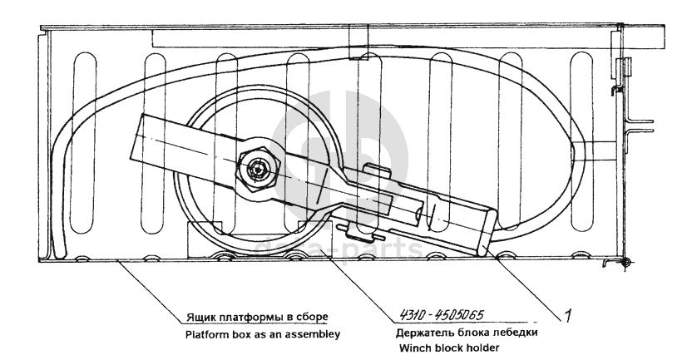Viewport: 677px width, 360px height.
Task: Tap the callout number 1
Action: coord(567,314)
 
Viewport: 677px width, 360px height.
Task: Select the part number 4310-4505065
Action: coord(436,314)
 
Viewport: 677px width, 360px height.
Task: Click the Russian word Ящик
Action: coord(197,317)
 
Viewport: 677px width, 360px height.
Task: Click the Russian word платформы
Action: coord(247,317)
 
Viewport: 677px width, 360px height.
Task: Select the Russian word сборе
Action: coord(307,317)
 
